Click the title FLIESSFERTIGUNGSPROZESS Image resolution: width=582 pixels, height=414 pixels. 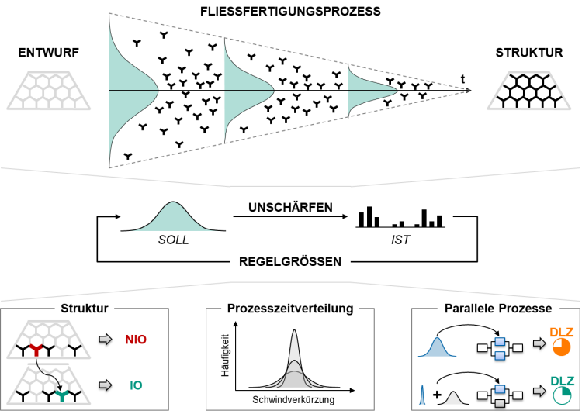[x=290, y=11]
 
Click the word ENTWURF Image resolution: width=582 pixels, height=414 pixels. [x=49, y=53]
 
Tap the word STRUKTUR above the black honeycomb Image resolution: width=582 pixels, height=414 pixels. [x=529, y=53]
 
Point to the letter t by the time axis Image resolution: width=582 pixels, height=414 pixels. [x=462, y=79]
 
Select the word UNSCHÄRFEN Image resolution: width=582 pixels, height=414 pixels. [x=291, y=207]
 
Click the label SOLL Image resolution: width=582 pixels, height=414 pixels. [x=173, y=240]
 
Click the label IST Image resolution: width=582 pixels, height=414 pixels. [x=400, y=240]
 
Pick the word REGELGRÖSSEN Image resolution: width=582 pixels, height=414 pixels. [x=290, y=261]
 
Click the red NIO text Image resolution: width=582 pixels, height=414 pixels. [x=136, y=340]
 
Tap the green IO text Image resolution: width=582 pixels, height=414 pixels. [x=136, y=385]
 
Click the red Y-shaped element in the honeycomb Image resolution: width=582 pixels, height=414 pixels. [x=36, y=350]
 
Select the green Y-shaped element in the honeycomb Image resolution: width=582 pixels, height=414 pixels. [x=61, y=396]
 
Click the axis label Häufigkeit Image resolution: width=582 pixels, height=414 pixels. [x=225, y=356]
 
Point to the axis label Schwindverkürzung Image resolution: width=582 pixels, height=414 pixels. [x=293, y=400]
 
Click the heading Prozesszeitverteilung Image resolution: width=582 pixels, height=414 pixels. [x=290, y=309]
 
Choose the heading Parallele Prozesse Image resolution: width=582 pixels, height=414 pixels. [x=498, y=309]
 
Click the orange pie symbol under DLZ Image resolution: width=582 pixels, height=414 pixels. [x=561, y=347]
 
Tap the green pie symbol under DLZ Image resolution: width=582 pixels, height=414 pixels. [x=561, y=395]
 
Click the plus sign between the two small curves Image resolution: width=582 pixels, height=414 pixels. [x=437, y=395]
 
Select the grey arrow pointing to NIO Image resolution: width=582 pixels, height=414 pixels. [x=106, y=340]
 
